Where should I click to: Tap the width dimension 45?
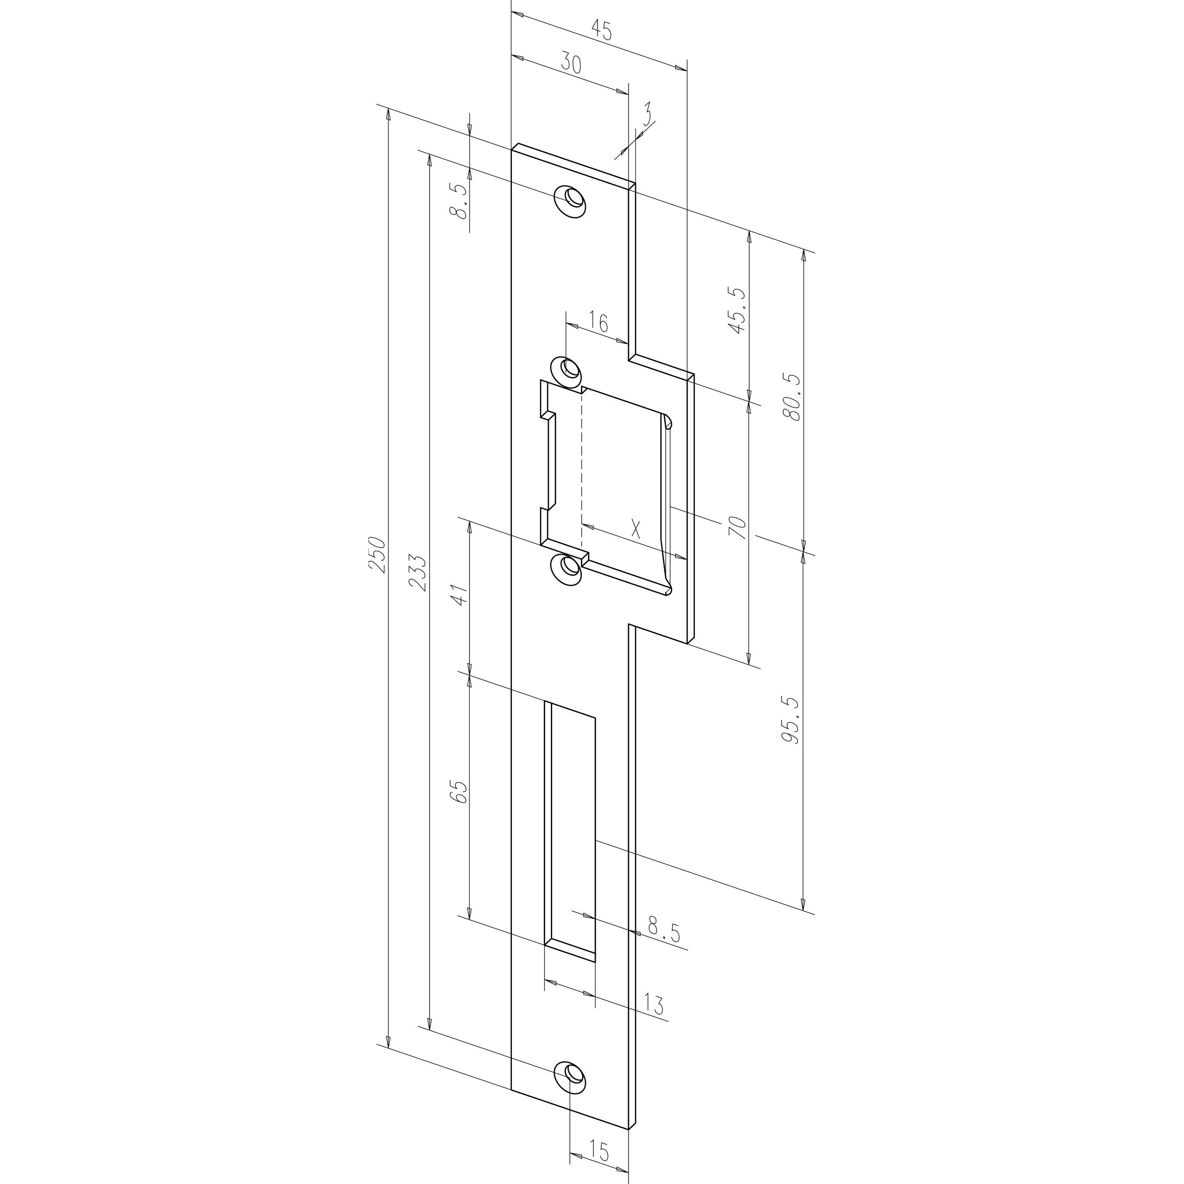pyautogui.click(x=602, y=31)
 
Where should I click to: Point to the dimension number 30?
pyautogui.click(x=569, y=64)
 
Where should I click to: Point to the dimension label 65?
pyautogui.click(x=460, y=792)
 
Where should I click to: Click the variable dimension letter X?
pyautogui.click(x=636, y=528)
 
